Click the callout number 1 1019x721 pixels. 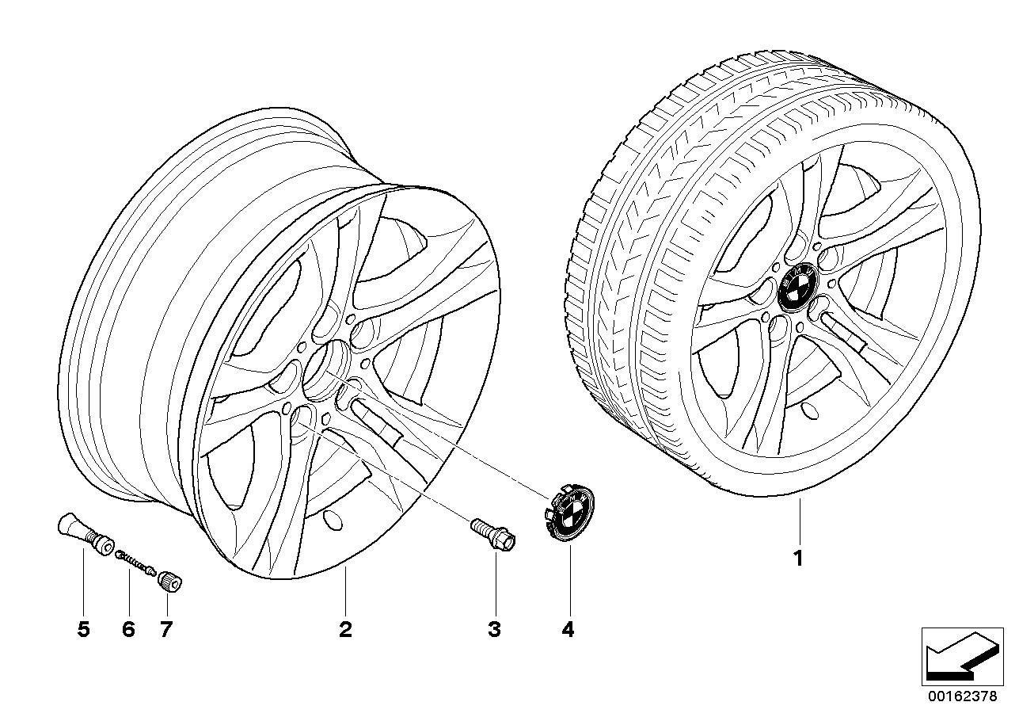click(799, 558)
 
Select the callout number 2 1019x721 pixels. click(345, 630)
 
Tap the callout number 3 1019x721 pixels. click(494, 630)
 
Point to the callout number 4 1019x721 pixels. click(568, 630)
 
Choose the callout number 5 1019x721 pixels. click(84, 630)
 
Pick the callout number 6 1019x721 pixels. click(129, 630)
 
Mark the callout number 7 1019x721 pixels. click(165, 630)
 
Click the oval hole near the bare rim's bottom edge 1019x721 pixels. click(332, 521)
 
